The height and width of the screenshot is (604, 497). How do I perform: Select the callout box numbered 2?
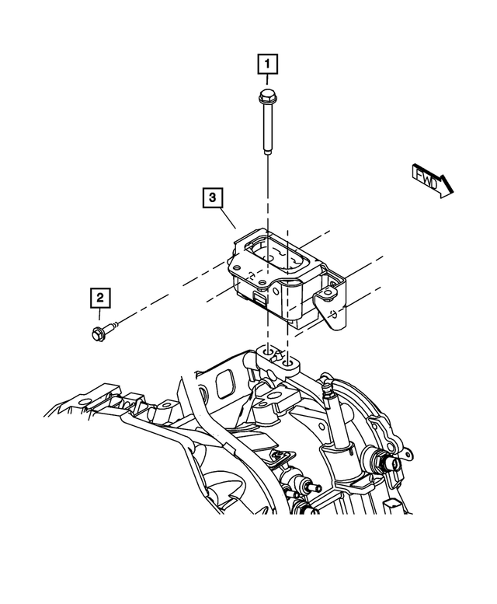100,296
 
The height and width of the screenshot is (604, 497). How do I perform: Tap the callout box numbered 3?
211,197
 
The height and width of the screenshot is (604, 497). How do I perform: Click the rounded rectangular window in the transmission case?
226,382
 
